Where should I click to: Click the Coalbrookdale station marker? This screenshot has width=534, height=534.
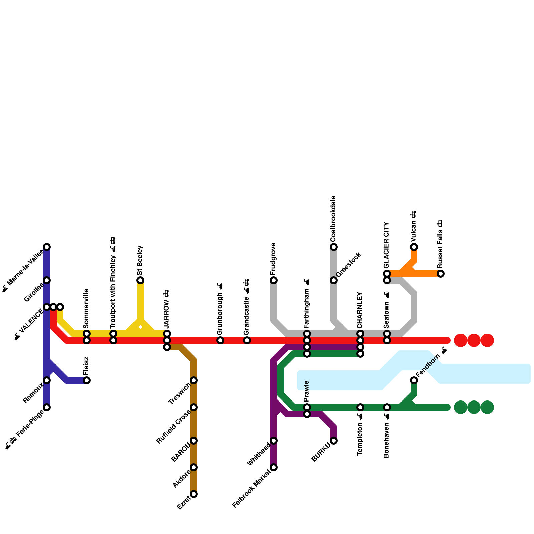point(334,247)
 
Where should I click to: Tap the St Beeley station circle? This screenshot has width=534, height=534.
point(140,280)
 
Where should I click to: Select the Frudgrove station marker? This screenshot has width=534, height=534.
point(274,280)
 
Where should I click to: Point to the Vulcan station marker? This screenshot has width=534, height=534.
point(414,247)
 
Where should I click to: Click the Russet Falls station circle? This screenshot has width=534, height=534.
point(441,274)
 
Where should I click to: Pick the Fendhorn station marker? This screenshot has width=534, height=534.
point(414,380)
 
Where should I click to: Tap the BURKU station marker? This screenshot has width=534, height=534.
point(334,441)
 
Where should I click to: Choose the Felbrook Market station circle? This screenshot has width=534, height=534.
point(274,467)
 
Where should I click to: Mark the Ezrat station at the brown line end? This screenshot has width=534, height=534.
point(194,494)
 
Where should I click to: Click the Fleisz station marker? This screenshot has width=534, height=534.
point(87,380)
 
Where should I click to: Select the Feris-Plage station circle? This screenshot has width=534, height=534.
point(47,407)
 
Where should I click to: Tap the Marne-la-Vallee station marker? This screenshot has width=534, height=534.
point(47,247)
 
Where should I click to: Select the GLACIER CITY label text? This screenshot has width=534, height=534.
point(386,245)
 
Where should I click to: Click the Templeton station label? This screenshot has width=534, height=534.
point(360,439)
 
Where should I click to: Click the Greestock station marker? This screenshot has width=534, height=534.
point(334,280)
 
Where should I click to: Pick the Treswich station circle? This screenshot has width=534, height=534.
point(194,380)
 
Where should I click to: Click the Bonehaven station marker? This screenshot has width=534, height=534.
point(387,407)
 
